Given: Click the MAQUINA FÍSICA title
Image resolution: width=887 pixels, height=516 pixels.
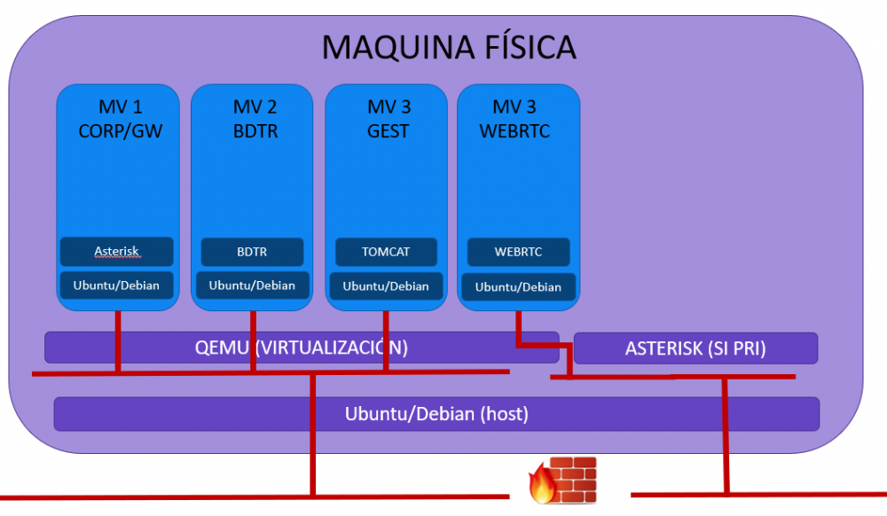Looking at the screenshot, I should (x=449, y=46).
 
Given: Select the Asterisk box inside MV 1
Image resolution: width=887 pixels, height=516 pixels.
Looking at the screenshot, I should (x=117, y=252).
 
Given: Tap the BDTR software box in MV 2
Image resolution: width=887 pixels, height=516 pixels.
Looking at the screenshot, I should (x=252, y=252).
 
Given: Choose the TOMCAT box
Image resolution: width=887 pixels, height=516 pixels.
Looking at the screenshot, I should (x=386, y=252).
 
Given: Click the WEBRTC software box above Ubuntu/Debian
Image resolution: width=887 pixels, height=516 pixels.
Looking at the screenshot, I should (x=518, y=252).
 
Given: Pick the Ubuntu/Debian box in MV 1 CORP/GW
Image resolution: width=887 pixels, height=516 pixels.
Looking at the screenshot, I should (x=117, y=285).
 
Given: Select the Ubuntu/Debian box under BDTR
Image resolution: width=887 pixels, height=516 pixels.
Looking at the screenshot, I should (x=252, y=285).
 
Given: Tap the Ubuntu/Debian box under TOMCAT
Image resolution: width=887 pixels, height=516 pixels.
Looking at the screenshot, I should (x=386, y=286).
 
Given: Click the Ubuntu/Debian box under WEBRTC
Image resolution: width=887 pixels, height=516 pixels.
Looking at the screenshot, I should (x=518, y=287).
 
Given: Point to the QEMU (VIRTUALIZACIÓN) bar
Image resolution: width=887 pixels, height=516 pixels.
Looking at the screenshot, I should (x=302, y=347).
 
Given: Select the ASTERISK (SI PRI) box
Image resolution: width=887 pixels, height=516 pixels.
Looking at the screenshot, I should (x=695, y=348).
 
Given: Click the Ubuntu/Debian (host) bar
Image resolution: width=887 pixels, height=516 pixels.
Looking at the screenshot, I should (x=436, y=413).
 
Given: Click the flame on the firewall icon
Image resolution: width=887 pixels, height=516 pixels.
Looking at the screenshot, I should (x=540, y=486).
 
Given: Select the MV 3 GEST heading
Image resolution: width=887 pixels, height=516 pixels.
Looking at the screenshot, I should (x=389, y=119).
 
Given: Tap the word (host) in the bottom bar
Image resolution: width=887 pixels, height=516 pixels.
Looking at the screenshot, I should (x=504, y=413).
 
